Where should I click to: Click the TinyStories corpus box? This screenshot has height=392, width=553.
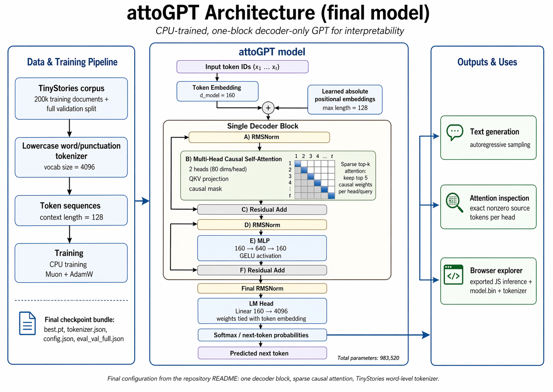coord(71,98)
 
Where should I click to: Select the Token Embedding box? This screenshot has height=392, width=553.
coord(217,91)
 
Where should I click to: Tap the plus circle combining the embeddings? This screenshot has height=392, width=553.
coord(268,108)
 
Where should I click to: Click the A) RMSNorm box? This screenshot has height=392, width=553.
coord(259,137)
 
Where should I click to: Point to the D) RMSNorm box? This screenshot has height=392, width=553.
coord(262,225)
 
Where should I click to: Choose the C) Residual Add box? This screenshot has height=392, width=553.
coord(262,210)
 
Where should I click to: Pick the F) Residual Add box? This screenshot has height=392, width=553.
coord(262,270)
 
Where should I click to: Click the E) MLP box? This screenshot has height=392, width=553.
coord(262,248)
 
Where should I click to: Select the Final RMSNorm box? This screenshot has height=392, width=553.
coord(262,288)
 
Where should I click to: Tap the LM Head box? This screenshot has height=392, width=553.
coord(262,311)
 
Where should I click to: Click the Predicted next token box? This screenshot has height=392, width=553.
coord(262,353)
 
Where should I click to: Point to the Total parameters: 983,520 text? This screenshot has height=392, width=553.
coord(368,358)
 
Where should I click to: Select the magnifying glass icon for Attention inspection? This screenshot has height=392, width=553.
coord(454,202)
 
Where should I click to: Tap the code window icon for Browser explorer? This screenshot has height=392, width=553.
coord(453,275)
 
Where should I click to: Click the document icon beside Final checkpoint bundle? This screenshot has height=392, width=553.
coord(27,323)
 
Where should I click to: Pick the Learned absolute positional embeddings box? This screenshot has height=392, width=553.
coord(345,100)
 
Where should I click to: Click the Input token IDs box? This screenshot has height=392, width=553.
coord(242,67)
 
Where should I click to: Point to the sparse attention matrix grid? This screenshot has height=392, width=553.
coord(315,179)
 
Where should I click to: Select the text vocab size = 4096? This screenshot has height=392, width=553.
coord(69,167)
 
